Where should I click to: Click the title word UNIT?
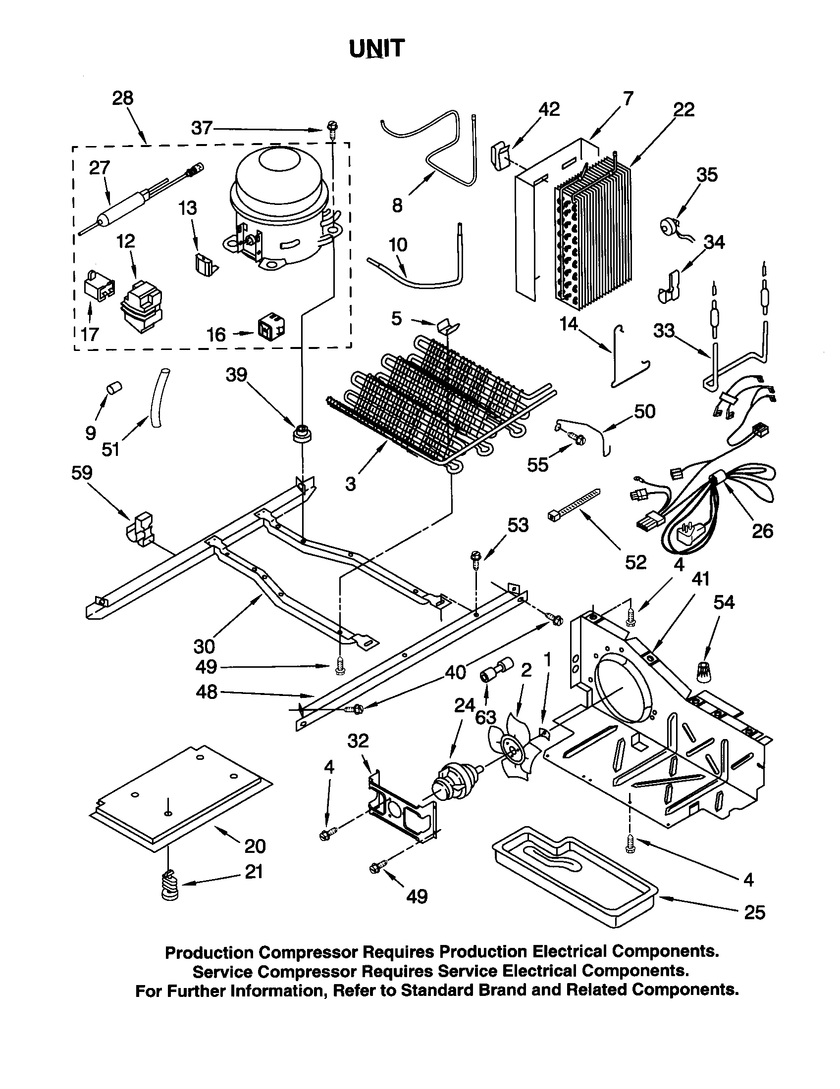tap(376, 49)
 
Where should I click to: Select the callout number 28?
tap(122, 98)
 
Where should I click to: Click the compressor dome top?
tap(279, 164)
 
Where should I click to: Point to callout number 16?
tap(216, 335)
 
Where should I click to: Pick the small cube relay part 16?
tap(271, 326)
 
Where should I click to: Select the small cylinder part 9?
tap(115, 388)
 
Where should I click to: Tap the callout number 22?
tap(683, 109)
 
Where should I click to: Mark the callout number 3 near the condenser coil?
tap(351, 483)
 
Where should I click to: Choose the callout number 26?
tap(762, 531)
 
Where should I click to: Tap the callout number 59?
tap(82, 472)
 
